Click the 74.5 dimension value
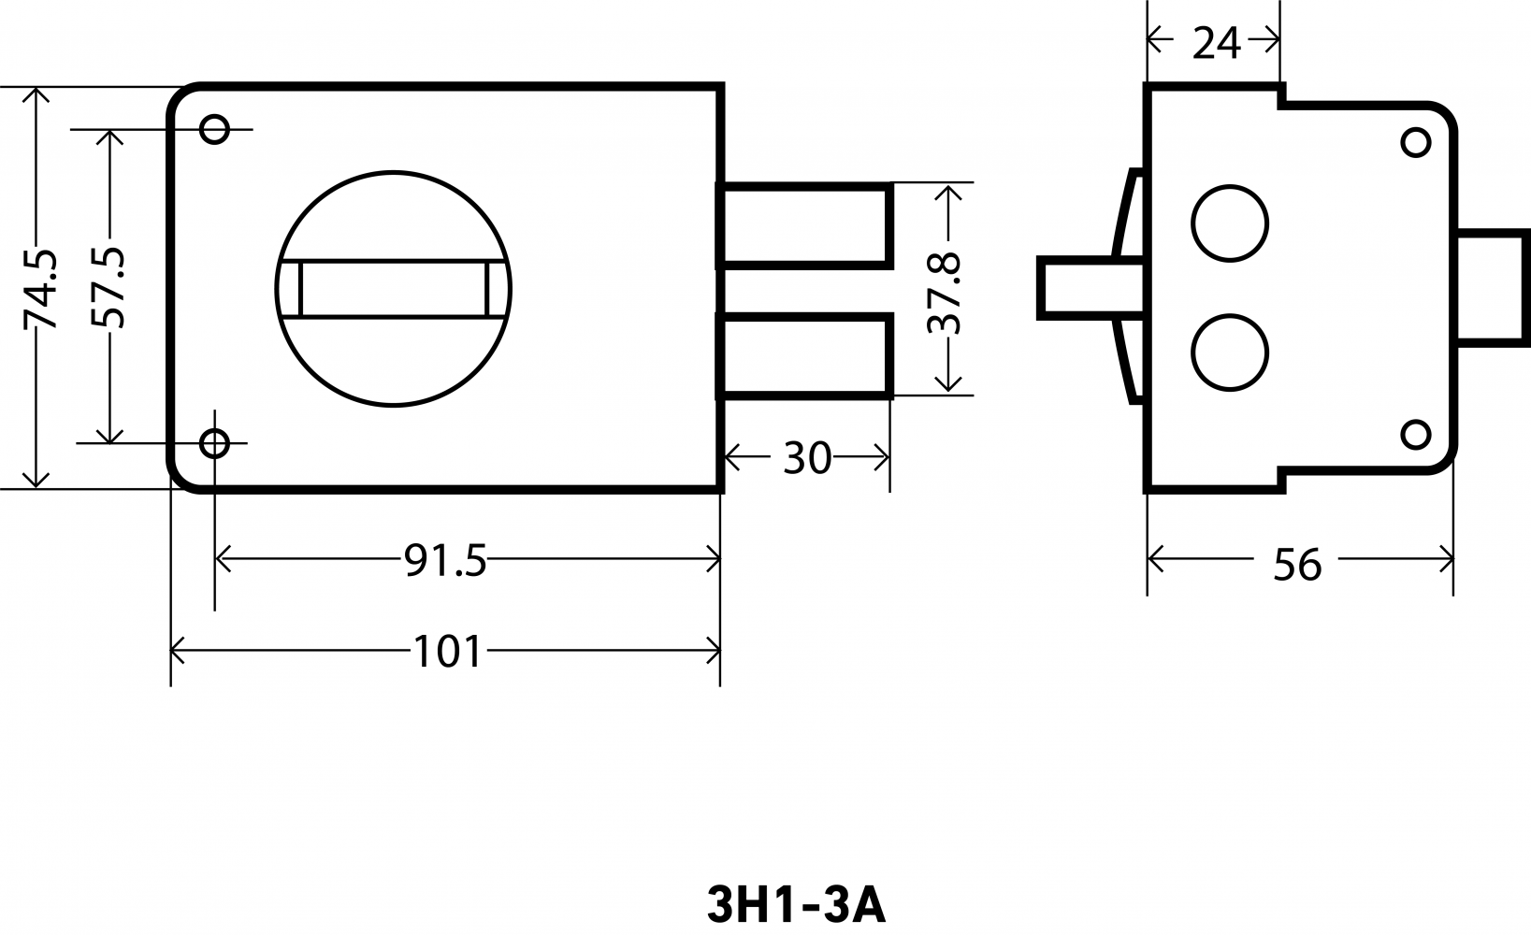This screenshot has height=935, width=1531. tap(39, 289)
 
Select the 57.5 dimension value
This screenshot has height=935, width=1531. tap(108, 288)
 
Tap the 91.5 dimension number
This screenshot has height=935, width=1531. tap(445, 561)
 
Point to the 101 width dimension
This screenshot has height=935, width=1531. tap(448, 652)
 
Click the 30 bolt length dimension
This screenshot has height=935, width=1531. tap(807, 458)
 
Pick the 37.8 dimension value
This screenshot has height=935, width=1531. tap(945, 294)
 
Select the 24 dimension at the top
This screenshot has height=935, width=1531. tap(1217, 43)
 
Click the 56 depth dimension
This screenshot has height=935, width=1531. tap(1297, 566)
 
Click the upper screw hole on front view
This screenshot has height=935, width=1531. tap(214, 128)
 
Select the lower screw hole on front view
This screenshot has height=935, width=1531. tap(214, 443)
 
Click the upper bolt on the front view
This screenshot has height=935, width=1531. tap(804, 225)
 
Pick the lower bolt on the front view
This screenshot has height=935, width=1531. tap(804, 355)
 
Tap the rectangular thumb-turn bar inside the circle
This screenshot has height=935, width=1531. tap(394, 289)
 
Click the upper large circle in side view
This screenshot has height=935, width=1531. tap(1230, 223)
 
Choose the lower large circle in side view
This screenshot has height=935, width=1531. tap(1230, 352)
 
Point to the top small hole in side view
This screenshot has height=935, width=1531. tap(1415, 142)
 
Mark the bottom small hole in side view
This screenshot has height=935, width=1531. tap(1415, 434)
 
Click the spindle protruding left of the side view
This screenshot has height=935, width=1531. tap(1090, 288)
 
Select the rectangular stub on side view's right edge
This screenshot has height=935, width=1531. tap(1492, 286)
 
